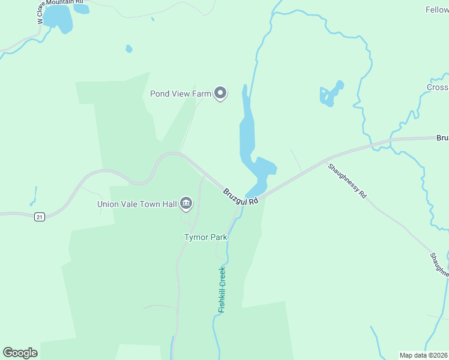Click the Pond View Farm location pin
pyautogui.click(x=220, y=93)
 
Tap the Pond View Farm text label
pyautogui.click(x=180, y=94)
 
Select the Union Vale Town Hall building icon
pyautogui.click(x=186, y=205)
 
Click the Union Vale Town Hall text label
pyautogui.click(x=137, y=205)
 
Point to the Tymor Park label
pyautogui.click(x=205, y=237)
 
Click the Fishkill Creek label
pyautogui.click(x=221, y=289)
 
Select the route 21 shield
pyautogui.click(x=40, y=217)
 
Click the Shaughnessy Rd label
pyautogui.click(x=347, y=181)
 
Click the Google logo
pyautogui.click(x=20, y=353)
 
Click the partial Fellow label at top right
pyautogui.click(x=436, y=10)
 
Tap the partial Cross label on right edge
pyautogui.click(x=438, y=88)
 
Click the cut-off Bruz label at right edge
pyautogui.click(x=442, y=138)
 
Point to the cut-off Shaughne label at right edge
pyautogui.click(x=439, y=265)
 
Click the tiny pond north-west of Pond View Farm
pyautogui.click(x=128, y=49)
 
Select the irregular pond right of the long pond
pyautogui.click(x=331, y=94)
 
